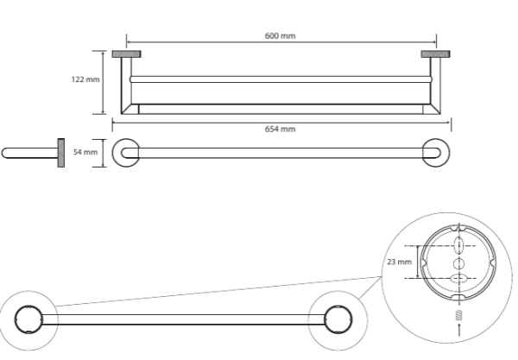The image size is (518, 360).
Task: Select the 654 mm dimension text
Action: point(281,129)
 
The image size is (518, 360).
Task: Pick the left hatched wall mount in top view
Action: point(127,55)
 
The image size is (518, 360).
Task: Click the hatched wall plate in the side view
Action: point(61,152)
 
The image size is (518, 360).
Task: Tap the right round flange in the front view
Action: point(435,152)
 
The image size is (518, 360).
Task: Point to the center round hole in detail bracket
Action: point(458,262)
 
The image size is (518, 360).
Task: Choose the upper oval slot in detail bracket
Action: point(458,245)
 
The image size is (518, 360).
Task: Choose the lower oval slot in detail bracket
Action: point(458,278)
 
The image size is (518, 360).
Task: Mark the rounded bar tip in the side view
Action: point(7,153)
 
